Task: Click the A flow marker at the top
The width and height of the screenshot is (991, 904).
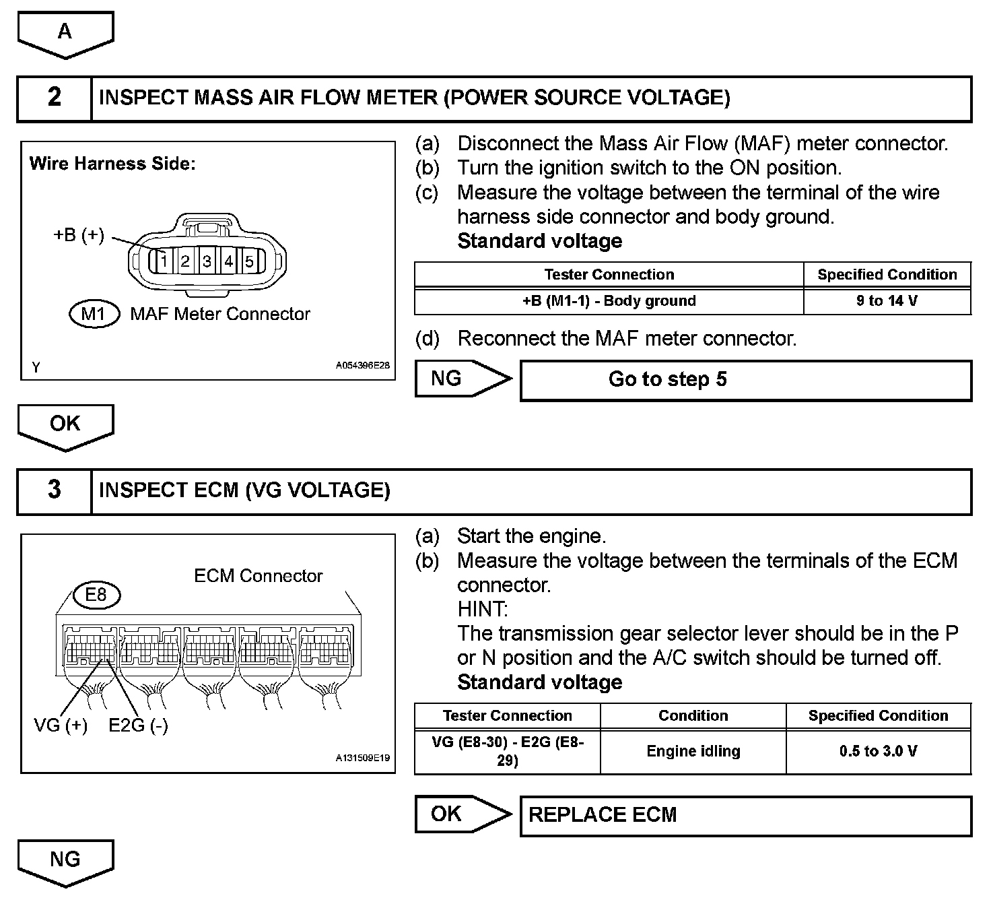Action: click(65, 32)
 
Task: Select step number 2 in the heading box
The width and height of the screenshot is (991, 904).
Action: click(55, 98)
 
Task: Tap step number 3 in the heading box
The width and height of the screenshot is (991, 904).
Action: click(55, 490)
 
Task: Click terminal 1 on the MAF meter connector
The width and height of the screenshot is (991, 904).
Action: click(164, 261)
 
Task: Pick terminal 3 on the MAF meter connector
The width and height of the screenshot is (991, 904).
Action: click(207, 261)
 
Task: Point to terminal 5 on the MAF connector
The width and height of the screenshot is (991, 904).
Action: click(249, 261)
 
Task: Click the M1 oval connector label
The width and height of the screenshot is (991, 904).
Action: click(94, 314)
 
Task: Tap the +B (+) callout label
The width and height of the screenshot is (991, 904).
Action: click(79, 235)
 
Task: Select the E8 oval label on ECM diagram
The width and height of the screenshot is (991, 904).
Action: click(96, 595)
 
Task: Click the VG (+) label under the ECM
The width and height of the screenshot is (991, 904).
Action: click(61, 725)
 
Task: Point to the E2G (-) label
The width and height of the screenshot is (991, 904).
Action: click(139, 725)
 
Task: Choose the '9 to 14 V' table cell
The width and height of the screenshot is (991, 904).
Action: click(887, 301)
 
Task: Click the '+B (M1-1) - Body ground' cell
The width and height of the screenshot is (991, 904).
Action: click(609, 301)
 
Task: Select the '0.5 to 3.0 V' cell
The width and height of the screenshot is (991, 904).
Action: click(878, 751)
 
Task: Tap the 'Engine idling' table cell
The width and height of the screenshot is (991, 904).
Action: click(693, 751)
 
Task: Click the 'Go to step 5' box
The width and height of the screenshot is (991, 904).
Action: click(745, 380)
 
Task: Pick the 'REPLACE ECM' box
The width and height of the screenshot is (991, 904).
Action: click(745, 815)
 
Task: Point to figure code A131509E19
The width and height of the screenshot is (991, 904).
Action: click(362, 758)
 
